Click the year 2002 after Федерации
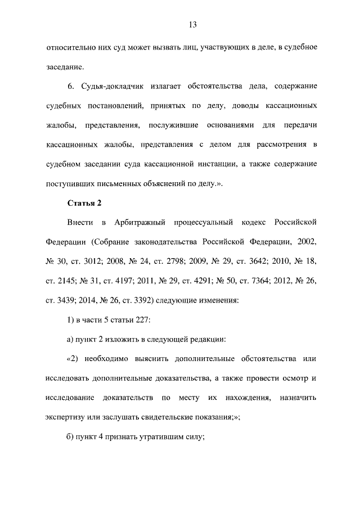click(x=307, y=241)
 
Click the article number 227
click(x=136, y=319)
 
